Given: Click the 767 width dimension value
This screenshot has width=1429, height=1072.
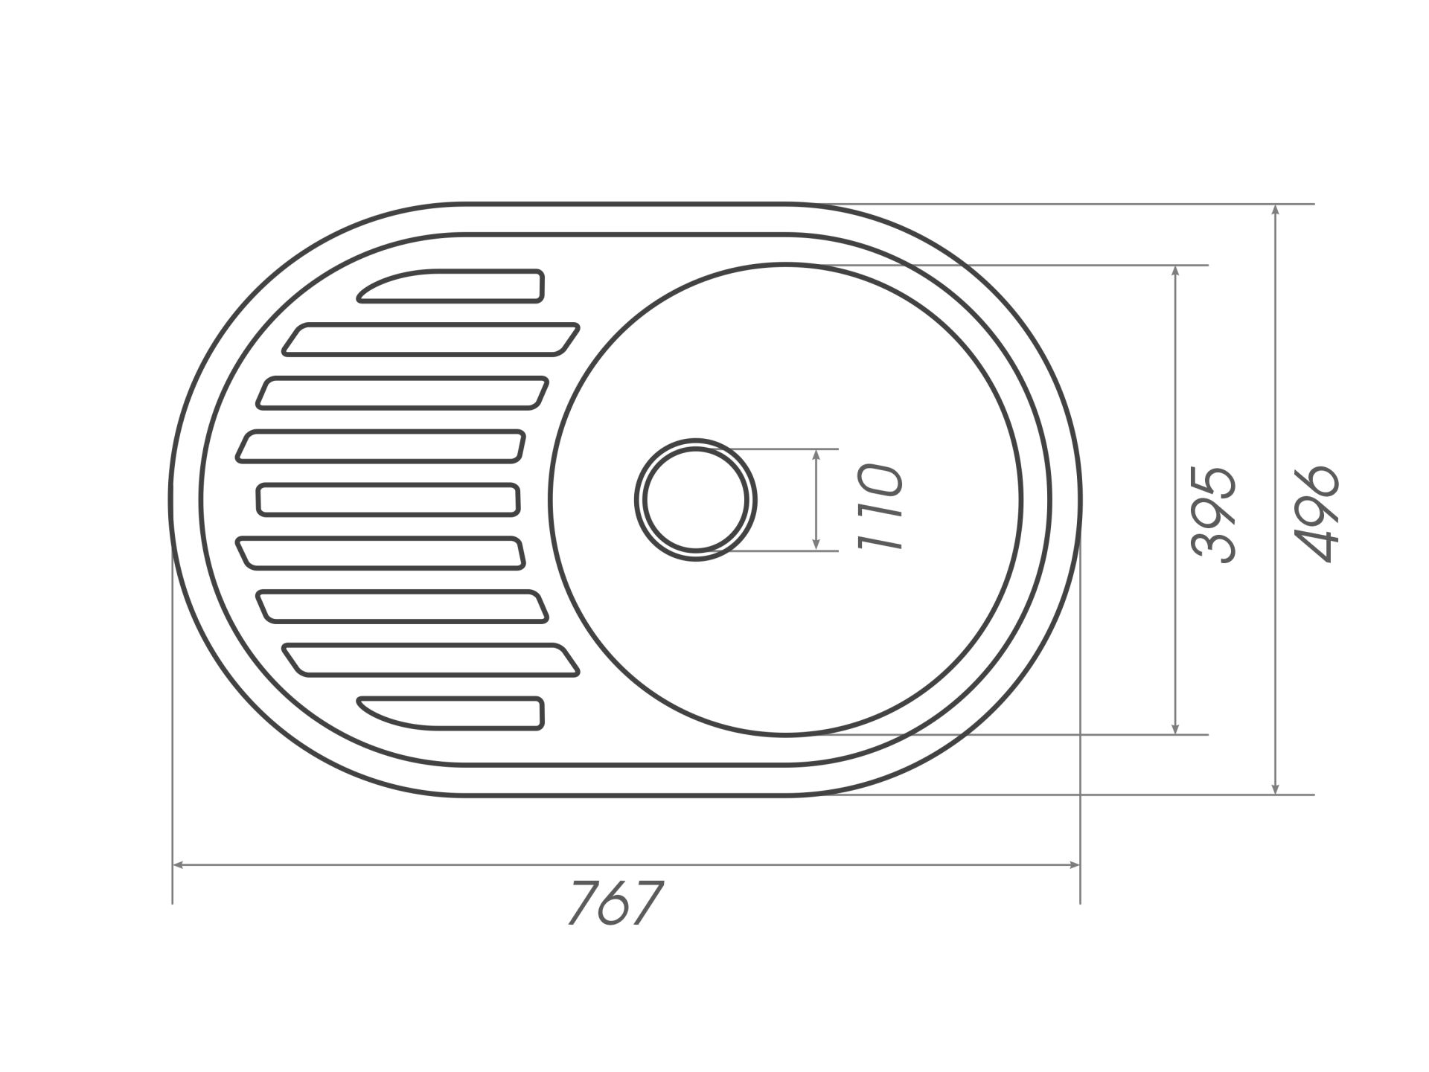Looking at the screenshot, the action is [615, 903].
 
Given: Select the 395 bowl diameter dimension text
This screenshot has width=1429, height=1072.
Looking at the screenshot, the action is [1213, 514].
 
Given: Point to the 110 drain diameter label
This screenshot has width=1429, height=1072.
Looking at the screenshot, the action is [880, 506].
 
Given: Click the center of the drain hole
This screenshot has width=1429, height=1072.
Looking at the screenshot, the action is [696, 499].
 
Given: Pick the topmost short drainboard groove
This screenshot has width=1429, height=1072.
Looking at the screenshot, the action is [450, 286].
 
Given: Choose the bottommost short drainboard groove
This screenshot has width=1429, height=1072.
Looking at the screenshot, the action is [450, 713].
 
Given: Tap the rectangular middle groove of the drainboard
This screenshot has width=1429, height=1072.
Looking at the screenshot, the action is [388, 499].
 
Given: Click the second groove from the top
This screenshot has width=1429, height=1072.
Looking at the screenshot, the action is [430, 339].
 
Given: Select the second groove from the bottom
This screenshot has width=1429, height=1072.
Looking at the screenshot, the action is [430, 660].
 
